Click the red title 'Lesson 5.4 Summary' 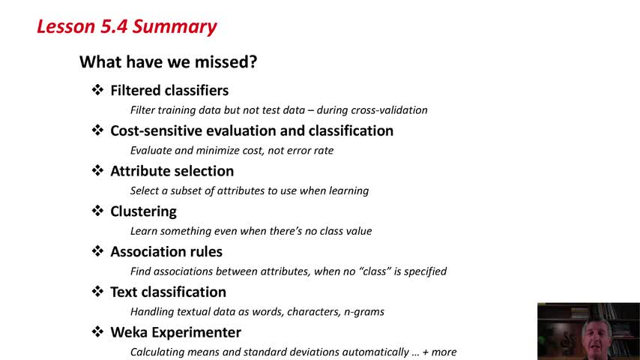[x=127, y=27]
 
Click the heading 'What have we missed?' [x=168, y=62]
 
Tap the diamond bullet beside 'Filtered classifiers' [x=97, y=90]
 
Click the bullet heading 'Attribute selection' [x=172, y=171]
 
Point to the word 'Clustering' [x=144, y=211]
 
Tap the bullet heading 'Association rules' [x=166, y=252]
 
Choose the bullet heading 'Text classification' [x=168, y=292]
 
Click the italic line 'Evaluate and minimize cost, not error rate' [x=232, y=150]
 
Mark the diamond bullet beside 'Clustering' [x=97, y=211]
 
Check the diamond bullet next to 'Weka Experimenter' [x=97, y=331]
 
